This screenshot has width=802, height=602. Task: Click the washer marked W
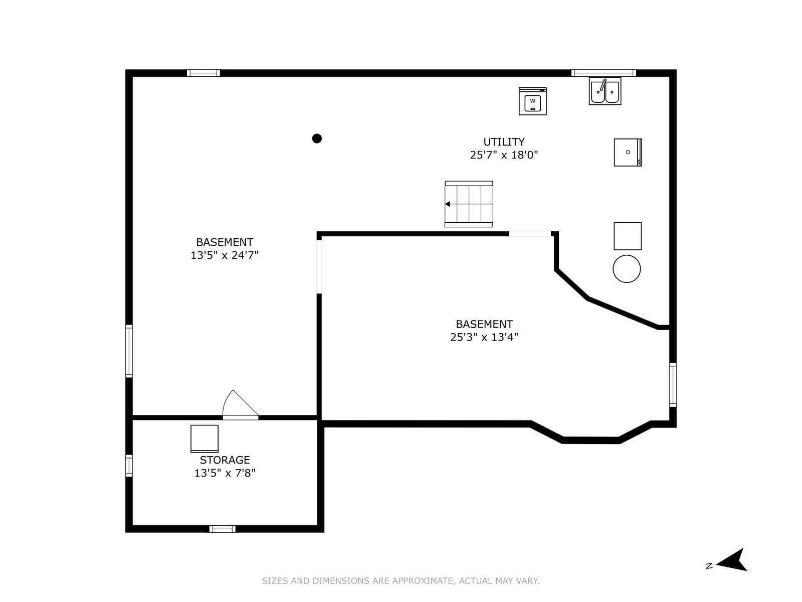point(532,101)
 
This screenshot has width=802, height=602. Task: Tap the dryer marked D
point(628,153)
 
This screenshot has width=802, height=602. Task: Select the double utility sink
point(605,91)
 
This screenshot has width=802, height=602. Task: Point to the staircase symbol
point(469,204)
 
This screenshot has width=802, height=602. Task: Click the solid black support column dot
point(317,138)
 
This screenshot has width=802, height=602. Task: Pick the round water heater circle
point(627,269)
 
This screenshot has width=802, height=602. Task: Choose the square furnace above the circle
point(628,236)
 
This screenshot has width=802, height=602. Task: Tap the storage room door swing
point(240,405)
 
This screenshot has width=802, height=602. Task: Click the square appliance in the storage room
point(204,438)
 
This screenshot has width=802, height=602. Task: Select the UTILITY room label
point(504,142)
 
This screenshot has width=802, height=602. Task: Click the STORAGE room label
point(225,460)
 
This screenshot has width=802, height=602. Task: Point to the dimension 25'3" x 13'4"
point(484,337)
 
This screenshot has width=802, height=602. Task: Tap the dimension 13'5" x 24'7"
point(225,255)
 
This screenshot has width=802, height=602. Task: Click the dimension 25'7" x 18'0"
point(504,155)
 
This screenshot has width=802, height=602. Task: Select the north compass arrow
point(732,559)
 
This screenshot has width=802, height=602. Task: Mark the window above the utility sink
point(604,73)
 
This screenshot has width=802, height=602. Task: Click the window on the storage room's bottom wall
point(223,529)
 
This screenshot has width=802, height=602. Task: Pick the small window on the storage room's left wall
point(129,466)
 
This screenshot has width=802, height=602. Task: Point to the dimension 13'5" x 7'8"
point(225,473)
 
